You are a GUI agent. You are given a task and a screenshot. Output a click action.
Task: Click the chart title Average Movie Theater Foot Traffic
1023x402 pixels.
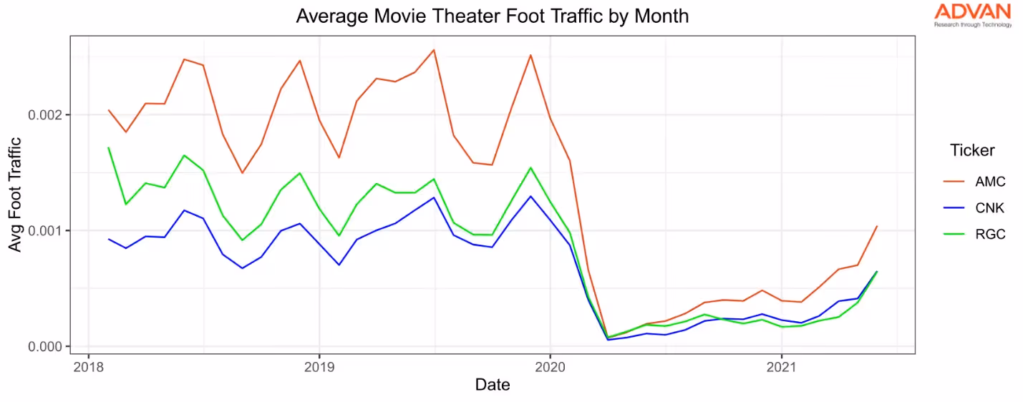coord(492,16)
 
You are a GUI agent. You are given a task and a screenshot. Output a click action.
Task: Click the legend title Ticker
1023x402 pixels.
coord(971,150)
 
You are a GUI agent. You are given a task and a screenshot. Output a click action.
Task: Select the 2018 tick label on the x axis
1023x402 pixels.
coord(88,366)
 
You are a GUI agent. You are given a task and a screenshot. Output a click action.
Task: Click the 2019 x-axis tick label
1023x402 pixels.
coord(319,366)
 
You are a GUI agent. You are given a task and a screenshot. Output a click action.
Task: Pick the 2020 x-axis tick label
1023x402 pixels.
coord(550,366)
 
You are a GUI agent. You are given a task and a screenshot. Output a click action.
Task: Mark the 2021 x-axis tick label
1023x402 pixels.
coord(781,366)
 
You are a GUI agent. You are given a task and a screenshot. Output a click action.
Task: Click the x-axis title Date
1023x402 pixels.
coord(493,385)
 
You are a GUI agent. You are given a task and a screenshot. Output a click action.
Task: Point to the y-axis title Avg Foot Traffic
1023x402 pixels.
coord(15,194)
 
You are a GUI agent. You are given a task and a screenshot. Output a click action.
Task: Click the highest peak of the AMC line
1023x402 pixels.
coord(434,50)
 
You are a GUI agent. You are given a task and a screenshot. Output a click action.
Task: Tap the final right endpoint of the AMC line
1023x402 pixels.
coord(877,226)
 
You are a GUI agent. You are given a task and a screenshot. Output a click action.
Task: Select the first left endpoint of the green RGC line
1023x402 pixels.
coord(108,148)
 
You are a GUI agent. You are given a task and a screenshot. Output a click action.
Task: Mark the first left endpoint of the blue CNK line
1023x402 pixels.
coord(108,239)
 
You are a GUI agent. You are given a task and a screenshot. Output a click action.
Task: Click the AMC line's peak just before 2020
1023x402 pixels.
coord(530,55)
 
